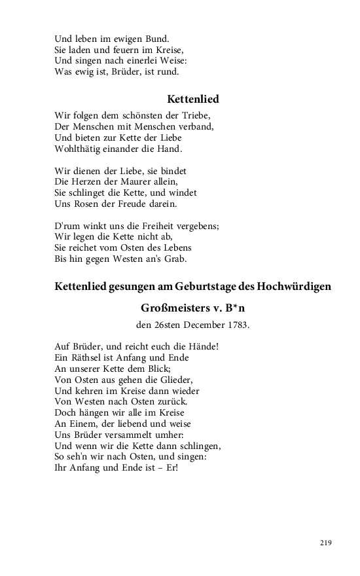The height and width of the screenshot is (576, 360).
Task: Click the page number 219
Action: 326,543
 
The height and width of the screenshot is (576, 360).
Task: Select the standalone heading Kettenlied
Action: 193,99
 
